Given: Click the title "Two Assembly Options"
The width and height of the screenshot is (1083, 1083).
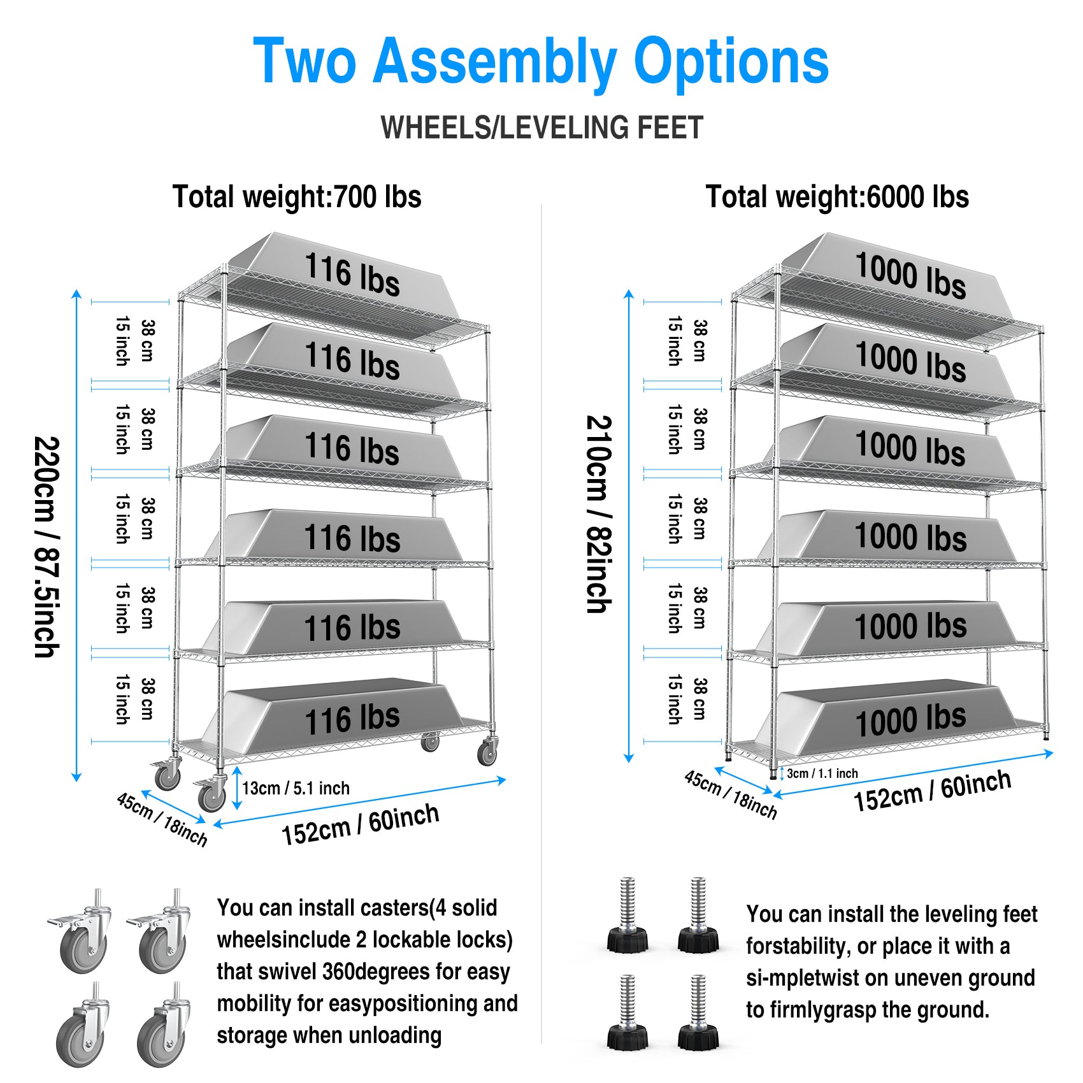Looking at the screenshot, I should [541, 61].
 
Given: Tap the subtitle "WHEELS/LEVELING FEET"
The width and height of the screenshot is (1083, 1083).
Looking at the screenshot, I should [541, 127].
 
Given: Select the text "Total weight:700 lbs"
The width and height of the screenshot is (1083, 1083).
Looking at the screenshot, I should [297, 197].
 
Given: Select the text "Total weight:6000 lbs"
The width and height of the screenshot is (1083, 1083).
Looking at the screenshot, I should [837, 197].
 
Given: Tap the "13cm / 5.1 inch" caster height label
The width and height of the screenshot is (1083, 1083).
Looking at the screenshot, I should [296, 789].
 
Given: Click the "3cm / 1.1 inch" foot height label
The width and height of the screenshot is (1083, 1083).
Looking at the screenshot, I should [822, 773].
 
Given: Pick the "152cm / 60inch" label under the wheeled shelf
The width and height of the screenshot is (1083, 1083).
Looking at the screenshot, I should [360, 824].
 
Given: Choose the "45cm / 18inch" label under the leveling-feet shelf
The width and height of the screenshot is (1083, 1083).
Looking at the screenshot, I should [731, 794].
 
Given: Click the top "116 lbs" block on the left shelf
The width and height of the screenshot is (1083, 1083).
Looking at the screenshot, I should [352, 274].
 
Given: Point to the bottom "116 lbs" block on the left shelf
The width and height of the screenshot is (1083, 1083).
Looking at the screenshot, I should [352, 719].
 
